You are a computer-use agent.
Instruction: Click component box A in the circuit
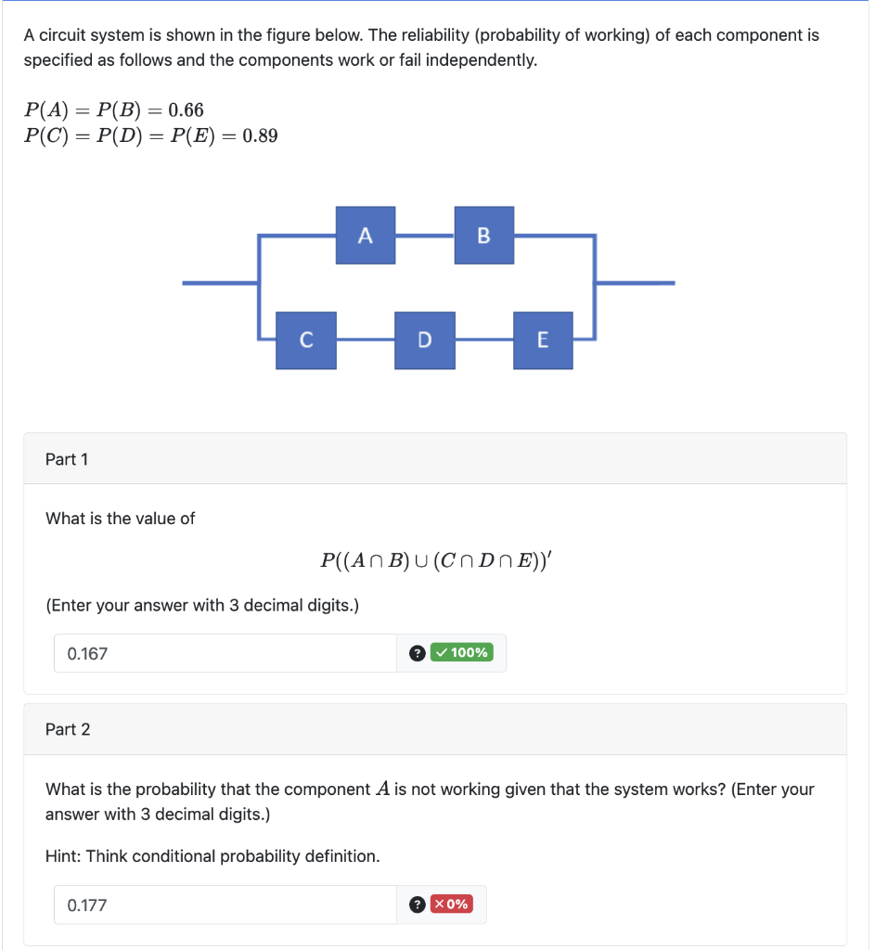365,236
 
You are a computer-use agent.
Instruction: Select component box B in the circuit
483,236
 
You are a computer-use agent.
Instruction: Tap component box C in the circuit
306,340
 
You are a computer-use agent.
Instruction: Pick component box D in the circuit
424,340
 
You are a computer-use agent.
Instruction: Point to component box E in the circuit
543,340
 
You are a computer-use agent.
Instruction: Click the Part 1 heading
67,459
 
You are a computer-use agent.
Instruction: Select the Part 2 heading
68,729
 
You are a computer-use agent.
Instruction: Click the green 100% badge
462,652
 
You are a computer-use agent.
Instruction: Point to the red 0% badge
452,904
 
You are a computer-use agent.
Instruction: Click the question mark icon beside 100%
418,653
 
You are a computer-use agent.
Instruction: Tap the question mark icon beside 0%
418,905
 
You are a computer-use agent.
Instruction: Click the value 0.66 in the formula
186,110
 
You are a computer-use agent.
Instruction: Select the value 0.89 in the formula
259,135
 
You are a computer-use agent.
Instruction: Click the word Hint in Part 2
63,856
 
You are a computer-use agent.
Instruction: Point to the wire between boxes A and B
424,237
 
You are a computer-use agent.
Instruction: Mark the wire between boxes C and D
365,340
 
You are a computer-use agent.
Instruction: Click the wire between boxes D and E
483,340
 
